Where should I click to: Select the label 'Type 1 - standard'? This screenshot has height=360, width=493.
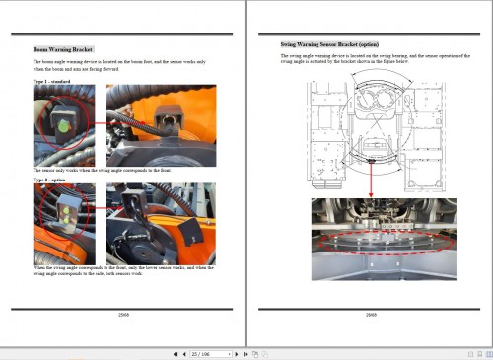[x=50, y=81]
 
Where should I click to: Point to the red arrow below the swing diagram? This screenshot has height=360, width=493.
[x=369, y=177]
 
